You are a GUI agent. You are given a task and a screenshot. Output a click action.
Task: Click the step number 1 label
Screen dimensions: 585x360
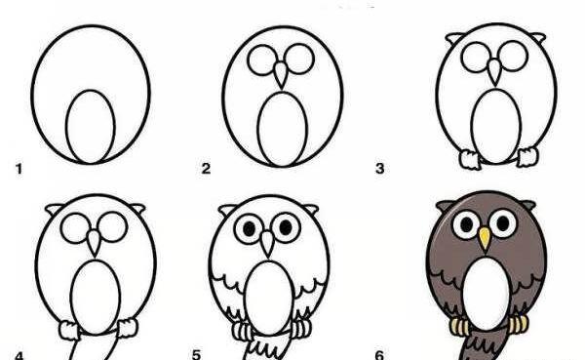tap(19, 169)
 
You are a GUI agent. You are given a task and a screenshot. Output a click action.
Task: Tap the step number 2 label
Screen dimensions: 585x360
tap(206, 169)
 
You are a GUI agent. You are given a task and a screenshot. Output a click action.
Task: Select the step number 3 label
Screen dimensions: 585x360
tap(380, 169)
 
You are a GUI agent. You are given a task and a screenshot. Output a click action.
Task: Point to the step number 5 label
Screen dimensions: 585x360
tap(197, 354)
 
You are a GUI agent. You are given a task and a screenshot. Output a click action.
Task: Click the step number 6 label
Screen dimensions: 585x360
tap(379, 354)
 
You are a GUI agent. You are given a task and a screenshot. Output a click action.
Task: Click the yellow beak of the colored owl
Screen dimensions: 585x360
tap(485, 238)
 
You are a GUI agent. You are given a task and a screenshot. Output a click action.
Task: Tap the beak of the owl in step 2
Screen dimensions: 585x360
tap(281, 74)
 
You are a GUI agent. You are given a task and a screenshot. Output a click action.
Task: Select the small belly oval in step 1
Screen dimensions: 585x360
tap(91, 127)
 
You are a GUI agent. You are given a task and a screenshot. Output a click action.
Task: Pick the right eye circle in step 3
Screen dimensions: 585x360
tap(514, 56)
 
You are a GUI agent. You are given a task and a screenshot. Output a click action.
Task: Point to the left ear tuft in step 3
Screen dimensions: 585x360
tap(454, 37)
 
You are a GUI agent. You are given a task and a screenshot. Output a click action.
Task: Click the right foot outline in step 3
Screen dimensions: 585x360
tap(527, 156)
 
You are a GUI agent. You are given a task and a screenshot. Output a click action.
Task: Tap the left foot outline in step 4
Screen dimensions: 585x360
tap(68, 330)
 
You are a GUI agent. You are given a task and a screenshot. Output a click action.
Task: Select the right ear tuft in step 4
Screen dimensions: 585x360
tap(136, 208)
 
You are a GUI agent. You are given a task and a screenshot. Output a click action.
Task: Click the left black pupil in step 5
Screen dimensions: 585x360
tap(250, 227)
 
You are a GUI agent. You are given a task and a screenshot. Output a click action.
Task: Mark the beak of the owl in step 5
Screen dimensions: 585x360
tap(267, 243)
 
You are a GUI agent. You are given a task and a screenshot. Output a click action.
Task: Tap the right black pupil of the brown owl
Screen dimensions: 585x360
tap(502, 223)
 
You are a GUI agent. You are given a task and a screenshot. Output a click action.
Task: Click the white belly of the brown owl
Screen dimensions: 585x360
tap(487, 294)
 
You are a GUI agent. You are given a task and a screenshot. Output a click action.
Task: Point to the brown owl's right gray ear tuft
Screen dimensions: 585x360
tap(528, 205)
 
